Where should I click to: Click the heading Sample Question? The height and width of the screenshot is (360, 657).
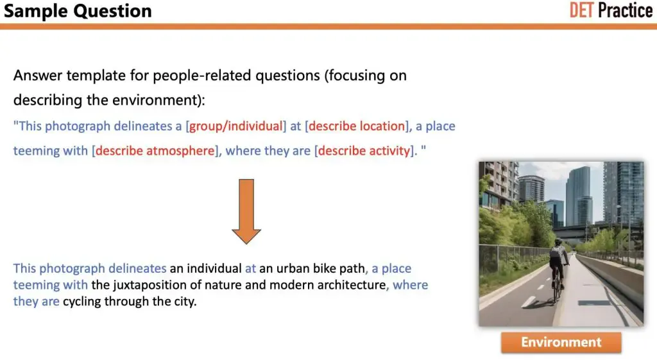78,11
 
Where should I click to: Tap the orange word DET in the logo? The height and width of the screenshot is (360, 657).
581,10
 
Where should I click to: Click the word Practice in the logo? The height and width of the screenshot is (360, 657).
625,10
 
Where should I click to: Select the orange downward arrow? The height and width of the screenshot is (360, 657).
246,211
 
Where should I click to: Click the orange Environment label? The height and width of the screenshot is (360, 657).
561,342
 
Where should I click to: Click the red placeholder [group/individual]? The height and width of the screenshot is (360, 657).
236,126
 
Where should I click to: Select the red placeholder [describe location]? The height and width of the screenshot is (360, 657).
357,126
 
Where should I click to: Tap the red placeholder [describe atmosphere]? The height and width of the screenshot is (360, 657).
155,150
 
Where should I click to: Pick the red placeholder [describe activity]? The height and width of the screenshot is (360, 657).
364,150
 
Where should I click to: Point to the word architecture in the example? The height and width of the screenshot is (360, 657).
352,285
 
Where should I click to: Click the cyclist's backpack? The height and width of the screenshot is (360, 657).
557,253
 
